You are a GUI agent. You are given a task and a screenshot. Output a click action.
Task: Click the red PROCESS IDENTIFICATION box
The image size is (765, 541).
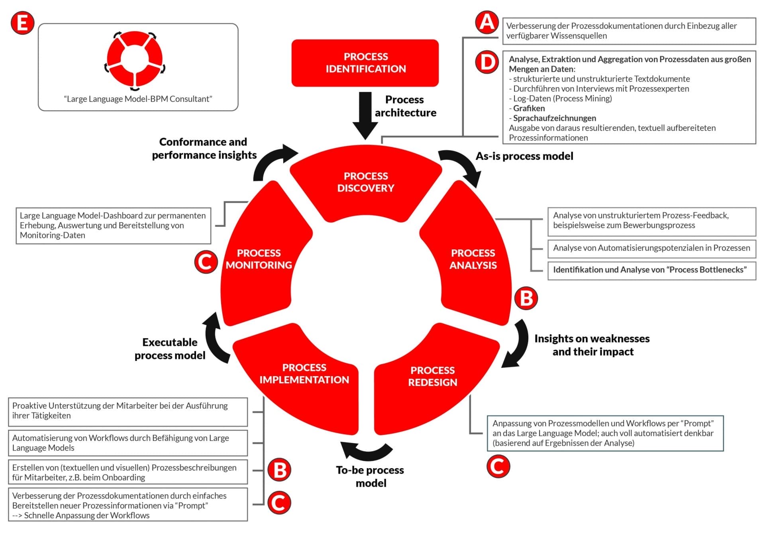point(365,63)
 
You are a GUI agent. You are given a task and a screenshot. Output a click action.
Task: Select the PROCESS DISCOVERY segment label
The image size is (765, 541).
point(366,182)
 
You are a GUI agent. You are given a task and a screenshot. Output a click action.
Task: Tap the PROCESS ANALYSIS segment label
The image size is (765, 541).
point(473,259)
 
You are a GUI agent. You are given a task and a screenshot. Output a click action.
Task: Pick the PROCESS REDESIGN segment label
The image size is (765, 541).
point(433,376)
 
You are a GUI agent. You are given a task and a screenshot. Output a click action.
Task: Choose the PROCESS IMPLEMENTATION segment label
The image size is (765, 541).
point(304,374)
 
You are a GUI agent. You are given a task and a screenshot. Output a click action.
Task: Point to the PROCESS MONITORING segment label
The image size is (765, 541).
point(259,259)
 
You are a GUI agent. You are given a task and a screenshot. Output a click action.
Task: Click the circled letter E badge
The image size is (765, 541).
point(22,23)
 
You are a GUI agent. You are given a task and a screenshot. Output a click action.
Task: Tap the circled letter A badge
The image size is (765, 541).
point(487,22)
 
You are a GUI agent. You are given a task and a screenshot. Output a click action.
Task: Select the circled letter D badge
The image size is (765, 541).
point(487,63)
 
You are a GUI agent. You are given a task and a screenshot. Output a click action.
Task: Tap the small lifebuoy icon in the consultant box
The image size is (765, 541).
point(135,59)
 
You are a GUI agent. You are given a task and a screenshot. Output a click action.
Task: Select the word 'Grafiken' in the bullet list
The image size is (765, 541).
point(529,108)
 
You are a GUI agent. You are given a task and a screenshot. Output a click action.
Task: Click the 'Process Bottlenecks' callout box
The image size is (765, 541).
point(651,270)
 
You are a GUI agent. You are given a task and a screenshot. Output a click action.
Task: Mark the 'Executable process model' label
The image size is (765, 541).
point(170,349)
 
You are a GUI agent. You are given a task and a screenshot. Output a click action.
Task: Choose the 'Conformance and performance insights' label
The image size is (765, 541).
point(204,149)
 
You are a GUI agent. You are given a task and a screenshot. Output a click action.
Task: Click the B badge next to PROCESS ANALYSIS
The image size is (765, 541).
point(526,298)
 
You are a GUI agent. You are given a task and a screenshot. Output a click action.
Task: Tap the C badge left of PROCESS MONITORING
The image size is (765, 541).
point(206,262)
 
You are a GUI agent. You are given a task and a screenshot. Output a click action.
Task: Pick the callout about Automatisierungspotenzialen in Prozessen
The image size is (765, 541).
point(651,248)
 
